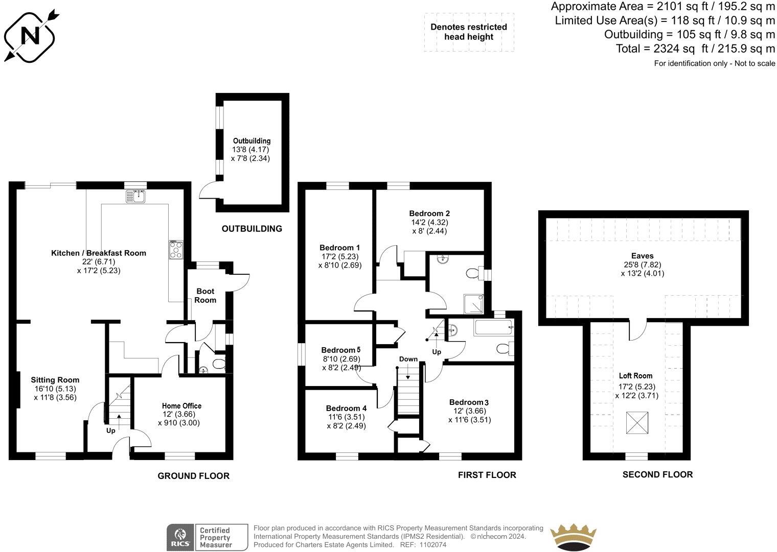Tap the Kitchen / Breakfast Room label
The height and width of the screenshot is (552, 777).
[98, 253]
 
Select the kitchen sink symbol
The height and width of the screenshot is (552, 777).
[136, 196]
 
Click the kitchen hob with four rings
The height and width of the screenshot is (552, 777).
[176, 250]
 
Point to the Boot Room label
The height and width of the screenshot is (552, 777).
[205, 295]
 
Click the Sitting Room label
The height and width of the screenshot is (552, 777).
[55, 379]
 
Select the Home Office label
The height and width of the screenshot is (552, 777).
[181, 405]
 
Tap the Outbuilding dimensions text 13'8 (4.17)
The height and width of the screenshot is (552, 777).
[250, 150]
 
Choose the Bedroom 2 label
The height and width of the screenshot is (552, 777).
[429, 213]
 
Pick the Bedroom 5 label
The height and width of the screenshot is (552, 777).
[340, 350]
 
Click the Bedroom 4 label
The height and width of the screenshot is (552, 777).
[346, 408]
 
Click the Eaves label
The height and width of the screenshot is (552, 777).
[642, 256]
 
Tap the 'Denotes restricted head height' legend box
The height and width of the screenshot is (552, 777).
[468, 32]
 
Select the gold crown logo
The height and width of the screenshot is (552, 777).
[574, 537]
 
